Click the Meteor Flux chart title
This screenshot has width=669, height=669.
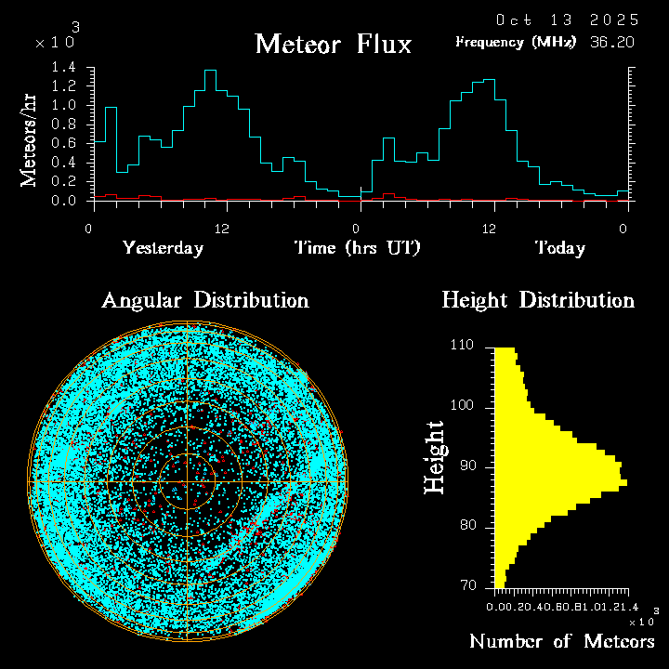333,44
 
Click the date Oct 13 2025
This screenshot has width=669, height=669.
567,20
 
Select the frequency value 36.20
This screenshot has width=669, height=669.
613,42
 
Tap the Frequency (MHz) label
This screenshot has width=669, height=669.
516,42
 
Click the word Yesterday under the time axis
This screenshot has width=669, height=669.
163,248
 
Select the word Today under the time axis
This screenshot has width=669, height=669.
559,248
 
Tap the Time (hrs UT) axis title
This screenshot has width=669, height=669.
358,248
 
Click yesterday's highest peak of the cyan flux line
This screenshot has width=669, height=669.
210,71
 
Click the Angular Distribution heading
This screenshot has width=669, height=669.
205,300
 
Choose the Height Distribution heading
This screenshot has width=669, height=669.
538,300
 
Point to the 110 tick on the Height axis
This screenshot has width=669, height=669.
464,346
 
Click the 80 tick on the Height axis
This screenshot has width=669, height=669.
468,526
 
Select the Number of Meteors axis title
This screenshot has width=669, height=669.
561,642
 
